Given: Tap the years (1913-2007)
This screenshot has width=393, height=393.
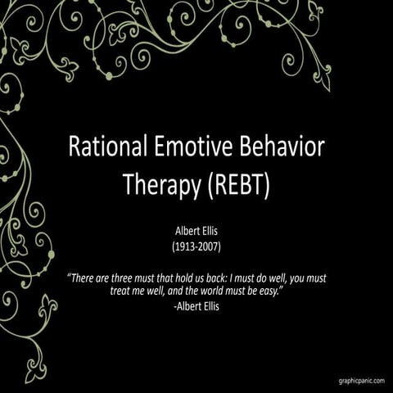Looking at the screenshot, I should [196, 246].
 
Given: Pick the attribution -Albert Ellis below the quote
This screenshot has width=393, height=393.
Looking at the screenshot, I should [197, 306].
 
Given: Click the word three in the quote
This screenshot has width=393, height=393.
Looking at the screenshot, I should [133, 278].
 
